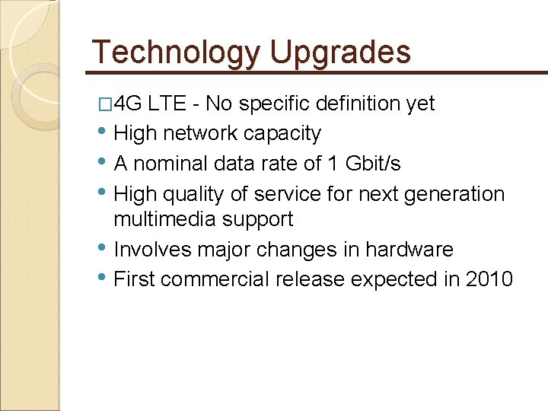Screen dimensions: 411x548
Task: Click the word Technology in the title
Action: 177,52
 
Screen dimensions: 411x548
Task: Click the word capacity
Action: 282,133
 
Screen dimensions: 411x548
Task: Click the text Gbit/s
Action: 373,164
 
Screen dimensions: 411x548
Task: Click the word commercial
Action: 215,279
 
